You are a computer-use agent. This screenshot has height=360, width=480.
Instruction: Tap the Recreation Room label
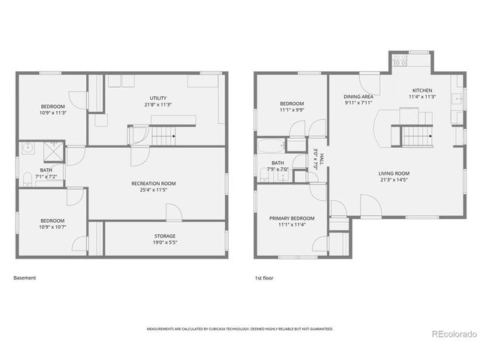click(153, 184)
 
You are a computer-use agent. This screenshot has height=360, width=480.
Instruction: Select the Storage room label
click(165, 236)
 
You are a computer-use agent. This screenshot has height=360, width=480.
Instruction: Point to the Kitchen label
click(422, 91)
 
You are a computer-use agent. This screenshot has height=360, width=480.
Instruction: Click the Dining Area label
click(358, 97)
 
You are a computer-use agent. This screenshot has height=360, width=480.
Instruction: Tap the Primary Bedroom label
click(292, 218)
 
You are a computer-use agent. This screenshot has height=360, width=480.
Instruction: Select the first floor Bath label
click(277, 163)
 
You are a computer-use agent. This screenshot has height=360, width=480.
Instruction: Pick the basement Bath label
click(46, 170)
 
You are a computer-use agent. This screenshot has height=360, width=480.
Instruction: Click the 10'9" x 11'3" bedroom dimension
click(53, 112)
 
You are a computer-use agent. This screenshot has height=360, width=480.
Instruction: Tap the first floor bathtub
click(271, 145)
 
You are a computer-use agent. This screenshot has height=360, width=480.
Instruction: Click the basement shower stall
click(52, 152)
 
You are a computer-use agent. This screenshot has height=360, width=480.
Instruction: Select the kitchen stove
click(400, 58)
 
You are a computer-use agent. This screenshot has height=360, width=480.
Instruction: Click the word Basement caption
click(25, 277)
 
